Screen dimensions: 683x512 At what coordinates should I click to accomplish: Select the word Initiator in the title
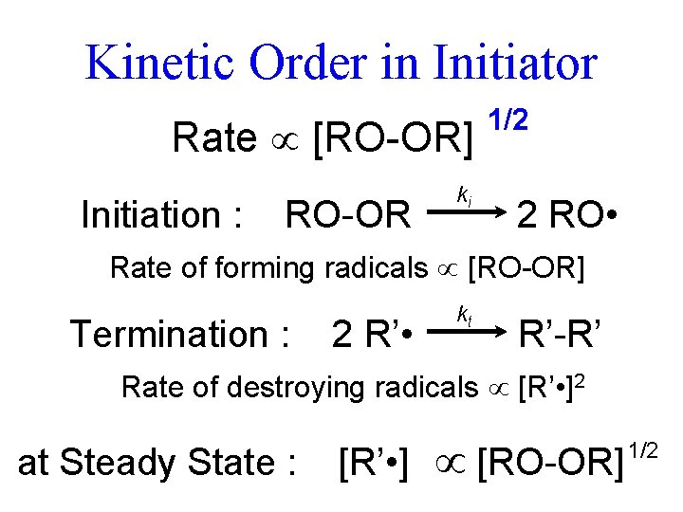pos(514,64)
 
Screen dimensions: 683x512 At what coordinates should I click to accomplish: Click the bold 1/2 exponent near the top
pos(508,120)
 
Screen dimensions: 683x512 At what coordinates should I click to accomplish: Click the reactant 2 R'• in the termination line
pos(371,335)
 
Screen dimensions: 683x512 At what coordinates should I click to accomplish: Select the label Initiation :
pos(162,216)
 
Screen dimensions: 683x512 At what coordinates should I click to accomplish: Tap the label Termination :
pos(179,335)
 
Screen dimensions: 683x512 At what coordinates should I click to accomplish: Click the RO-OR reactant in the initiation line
pos(347,216)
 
